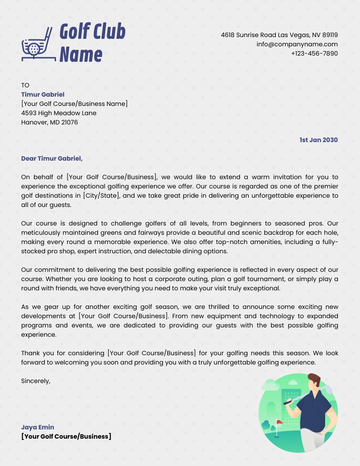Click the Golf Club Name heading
pos(92,43)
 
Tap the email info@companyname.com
pos(297,44)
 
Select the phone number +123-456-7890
pos(314,53)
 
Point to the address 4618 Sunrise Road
pos(279,35)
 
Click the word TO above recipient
pos(25,85)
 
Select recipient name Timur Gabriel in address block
pos(43,94)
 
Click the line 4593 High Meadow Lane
pos(59,113)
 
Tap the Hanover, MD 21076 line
pos(49,122)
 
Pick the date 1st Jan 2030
pos(319,140)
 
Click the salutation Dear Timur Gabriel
pos(52,158)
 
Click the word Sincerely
pos(36,380)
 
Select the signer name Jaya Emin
pos(37,427)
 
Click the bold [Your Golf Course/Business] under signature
pos(66,436)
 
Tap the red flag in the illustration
pos(279,422)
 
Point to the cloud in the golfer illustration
pos(270,386)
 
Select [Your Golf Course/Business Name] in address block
pos(74,104)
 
